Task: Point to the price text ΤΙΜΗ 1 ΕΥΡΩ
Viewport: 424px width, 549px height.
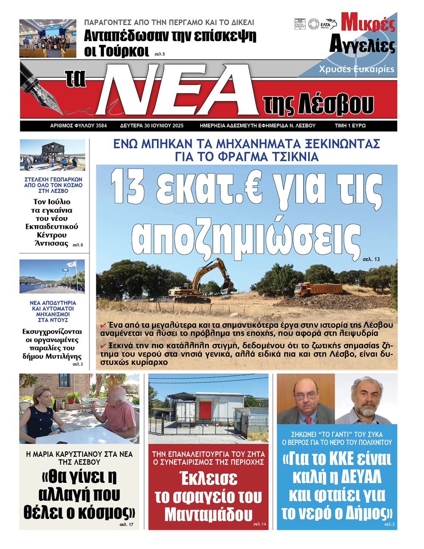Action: [350, 126]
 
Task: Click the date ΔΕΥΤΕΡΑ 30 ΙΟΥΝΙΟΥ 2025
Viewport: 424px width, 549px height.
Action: [152, 126]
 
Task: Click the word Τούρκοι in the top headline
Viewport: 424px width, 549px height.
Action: [117, 51]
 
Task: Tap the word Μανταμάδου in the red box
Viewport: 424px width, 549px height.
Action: [208, 515]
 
